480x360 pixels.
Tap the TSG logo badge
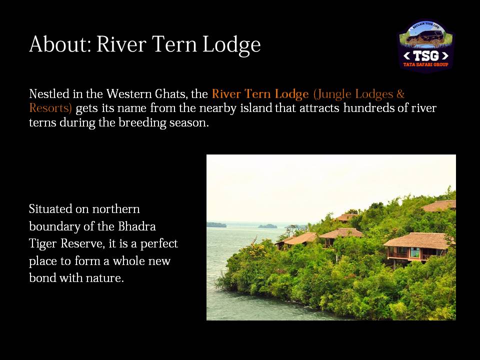coord(426,46)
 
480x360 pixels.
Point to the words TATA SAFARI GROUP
coord(426,64)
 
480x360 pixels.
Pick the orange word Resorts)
coord(50,108)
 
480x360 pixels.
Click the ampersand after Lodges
coord(400,93)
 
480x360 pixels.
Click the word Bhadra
coord(137,226)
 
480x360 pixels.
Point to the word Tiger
coord(43,244)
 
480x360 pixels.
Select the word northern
coord(116,209)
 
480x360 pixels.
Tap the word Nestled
coord(49,93)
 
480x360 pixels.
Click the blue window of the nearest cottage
coord(415,252)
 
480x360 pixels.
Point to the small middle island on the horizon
coord(267,226)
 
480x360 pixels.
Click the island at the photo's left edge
coord(216,225)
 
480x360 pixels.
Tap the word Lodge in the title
coord(231,44)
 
